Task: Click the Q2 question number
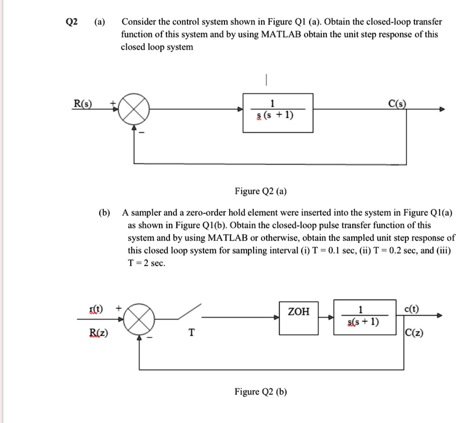tap(72, 23)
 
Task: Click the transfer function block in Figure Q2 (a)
tap(278, 113)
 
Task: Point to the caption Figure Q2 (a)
tap(261, 191)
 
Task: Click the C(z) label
tap(413, 331)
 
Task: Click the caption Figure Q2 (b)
tap(261, 391)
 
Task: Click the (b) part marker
tap(104, 213)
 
